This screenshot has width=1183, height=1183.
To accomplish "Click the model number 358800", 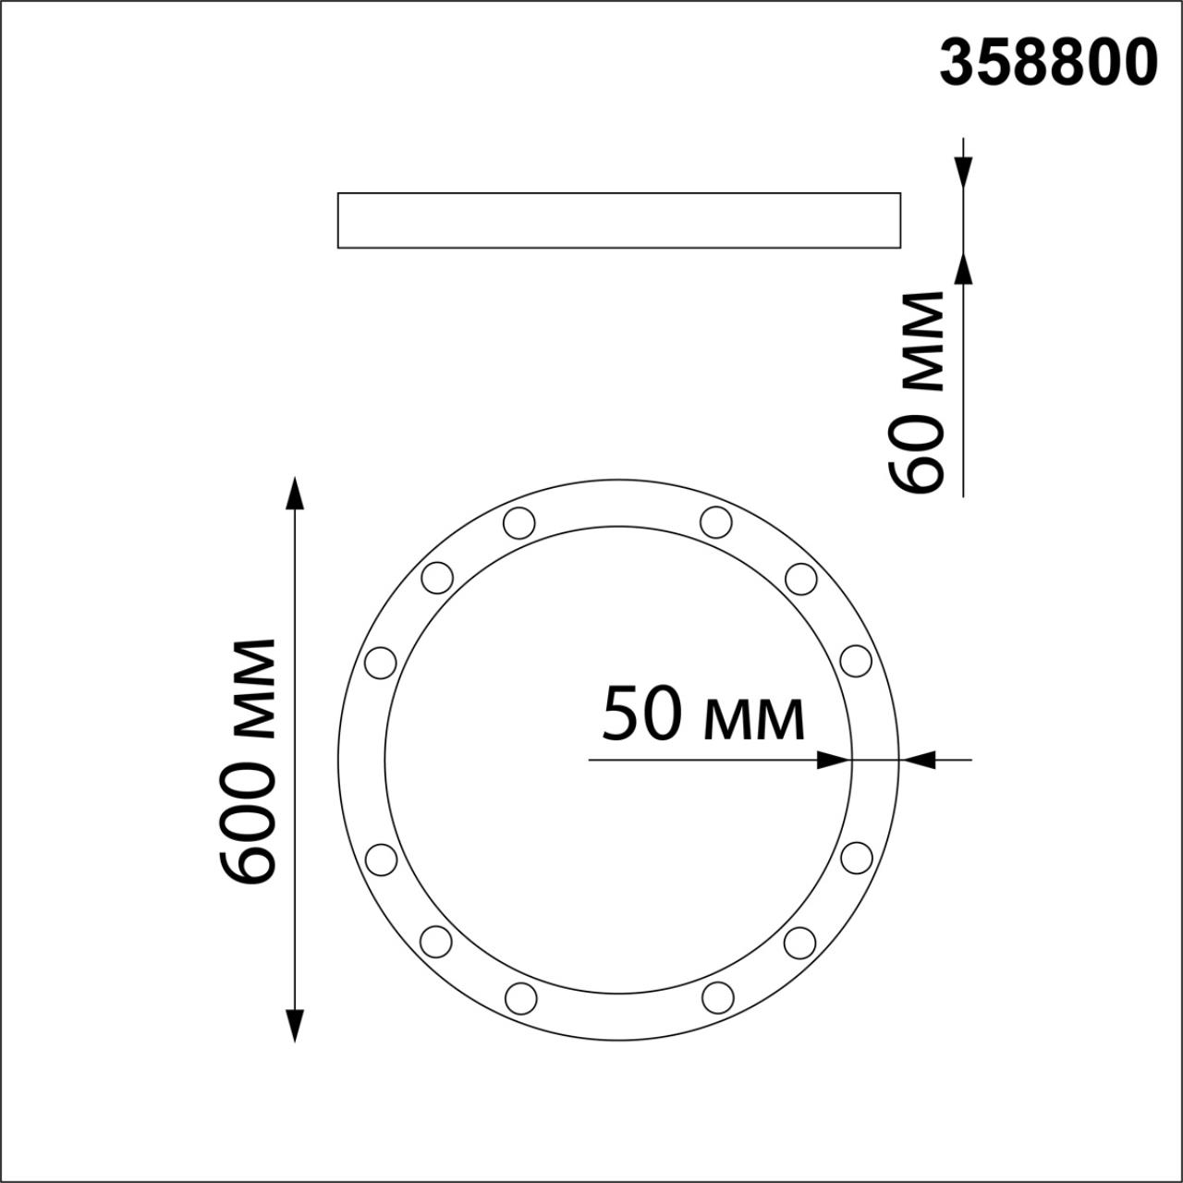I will coord(1048,64).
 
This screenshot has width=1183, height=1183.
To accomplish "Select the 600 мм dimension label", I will coord(248,760).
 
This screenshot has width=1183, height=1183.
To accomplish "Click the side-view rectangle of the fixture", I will coord(618,220).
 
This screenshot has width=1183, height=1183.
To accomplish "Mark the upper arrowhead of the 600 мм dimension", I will coord(295,494).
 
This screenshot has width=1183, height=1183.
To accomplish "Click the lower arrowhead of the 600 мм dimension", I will coord(295,1025).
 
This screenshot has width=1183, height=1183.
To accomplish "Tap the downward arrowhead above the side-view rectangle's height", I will coord(963,172).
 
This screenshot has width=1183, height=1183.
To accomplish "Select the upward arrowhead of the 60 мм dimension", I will coord(963,267).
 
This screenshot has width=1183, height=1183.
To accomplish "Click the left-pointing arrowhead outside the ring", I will coord(920,760).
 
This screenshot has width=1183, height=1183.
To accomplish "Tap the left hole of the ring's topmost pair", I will coord(519,522).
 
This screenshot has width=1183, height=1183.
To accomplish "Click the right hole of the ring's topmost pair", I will coord(716,522).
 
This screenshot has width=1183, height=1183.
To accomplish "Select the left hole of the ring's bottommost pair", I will coord(521,998).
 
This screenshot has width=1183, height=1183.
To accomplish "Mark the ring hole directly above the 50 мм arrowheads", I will coord(857,661).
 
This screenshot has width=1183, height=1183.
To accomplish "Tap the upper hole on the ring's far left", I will coord(381,662).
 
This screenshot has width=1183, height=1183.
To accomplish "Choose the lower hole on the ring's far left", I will coord(381,859).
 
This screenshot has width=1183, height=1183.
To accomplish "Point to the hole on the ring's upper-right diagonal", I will coord(801,579).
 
